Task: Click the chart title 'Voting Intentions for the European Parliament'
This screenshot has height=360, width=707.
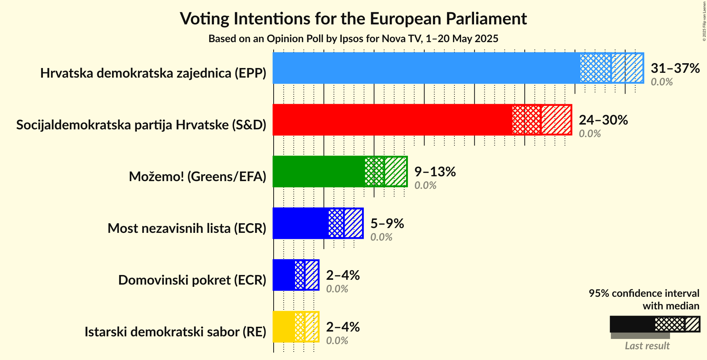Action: click(x=353, y=18)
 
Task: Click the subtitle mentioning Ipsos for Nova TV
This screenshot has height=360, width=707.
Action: click(x=353, y=39)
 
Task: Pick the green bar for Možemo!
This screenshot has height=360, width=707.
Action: click(x=318, y=171)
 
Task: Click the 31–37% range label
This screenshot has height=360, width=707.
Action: click(x=675, y=68)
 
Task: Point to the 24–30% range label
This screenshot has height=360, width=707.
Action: click(x=603, y=120)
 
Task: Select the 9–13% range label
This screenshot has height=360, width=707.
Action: click(x=435, y=171)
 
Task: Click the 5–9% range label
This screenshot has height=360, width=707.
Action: click(x=387, y=223)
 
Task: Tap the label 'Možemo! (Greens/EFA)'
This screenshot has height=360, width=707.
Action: click(x=197, y=177)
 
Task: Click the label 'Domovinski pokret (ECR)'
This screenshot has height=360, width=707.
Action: click(x=192, y=280)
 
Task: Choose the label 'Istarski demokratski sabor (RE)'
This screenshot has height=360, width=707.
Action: click(x=175, y=332)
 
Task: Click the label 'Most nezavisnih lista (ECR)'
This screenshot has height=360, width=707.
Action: click(x=187, y=228)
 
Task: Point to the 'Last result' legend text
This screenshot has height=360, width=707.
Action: click(x=647, y=346)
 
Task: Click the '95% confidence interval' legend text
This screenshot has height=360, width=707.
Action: click(x=644, y=293)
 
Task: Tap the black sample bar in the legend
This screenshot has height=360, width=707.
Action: click(x=632, y=324)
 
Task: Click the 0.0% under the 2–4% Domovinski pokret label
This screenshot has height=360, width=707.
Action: click(x=337, y=289)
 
